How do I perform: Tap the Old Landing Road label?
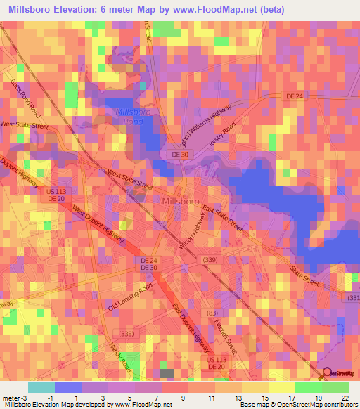pyautogui.click(x=130, y=298)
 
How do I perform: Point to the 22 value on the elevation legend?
pyautogui.click(x=345, y=398)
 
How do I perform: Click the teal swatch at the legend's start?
pyautogui.click(x=41, y=387)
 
